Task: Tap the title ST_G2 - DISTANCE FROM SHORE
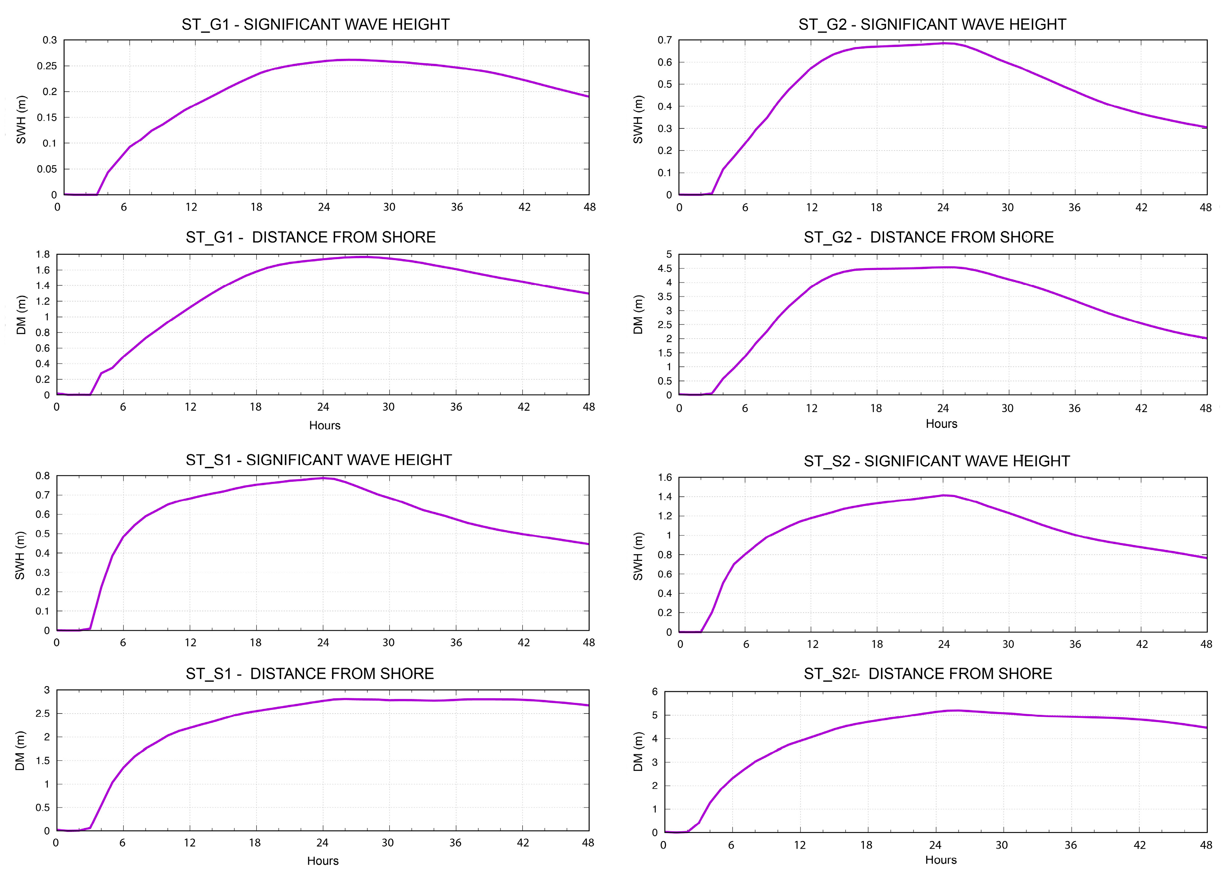click(x=929, y=237)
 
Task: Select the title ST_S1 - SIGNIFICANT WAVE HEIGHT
click(x=319, y=460)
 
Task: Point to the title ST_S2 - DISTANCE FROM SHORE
click(x=927, y=674)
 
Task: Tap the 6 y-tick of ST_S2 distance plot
click(x=655, y=692)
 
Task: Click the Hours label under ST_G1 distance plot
click(x=325, y=426)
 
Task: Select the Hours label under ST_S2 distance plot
click(x=941, y=860)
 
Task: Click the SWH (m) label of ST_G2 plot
click(x=638, y=119)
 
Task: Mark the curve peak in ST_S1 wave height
click(x=323, y=478)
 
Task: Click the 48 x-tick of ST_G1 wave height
click(x=590, y=207)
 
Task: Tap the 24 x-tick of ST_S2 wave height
click(x=943, y=644)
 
